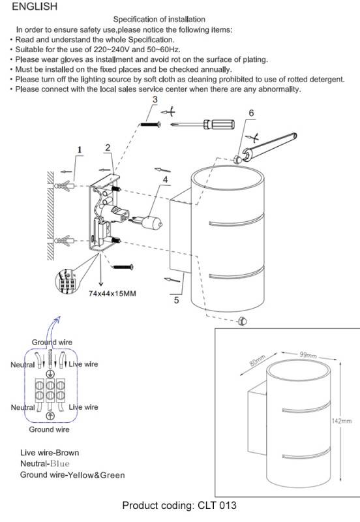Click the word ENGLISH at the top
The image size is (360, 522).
(x=35, y=7)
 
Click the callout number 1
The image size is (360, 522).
(x=79, y=150)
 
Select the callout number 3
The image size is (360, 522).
(x=155, y=99)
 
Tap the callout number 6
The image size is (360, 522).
(x=251, y=113)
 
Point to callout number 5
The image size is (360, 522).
(x=176, y=300)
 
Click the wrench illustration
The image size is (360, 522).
(x=269, y=146)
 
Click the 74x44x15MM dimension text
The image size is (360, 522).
(x=112, y=294)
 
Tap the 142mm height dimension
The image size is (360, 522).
(x=342, y=421)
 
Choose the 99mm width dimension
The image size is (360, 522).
(x=308, y=354)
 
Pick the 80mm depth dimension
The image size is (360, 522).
(x=258, y=361)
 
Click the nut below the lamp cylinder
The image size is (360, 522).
(x=242, y=321)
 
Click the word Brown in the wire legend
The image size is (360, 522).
(x=68, y=453)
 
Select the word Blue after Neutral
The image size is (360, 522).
(x=60, y=464)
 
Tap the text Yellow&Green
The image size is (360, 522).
(x=96, y=475)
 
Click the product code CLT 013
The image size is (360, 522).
(x=217, y=505)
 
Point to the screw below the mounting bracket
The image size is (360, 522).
(x=123, y=267)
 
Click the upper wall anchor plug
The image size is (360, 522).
(x=64, y=185)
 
